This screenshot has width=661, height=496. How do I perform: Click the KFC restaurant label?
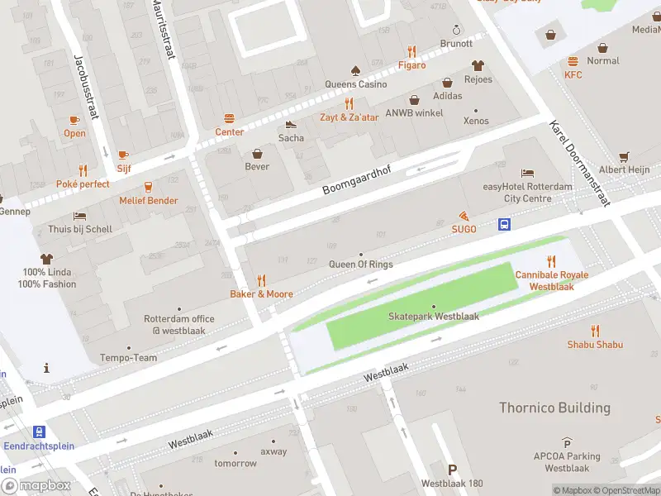tap(573, 75)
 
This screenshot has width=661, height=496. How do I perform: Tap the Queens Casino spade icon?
tap(355, 70)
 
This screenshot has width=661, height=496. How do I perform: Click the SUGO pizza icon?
tap(464, 215)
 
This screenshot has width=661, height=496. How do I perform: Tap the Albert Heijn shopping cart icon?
tap(624, 156)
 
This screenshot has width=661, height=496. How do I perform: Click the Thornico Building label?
tap(554, 408)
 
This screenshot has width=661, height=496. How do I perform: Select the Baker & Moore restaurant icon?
tap(261, 280)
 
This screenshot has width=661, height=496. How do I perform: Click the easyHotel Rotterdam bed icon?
tap(527, 173)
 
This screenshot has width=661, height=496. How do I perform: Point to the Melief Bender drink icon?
tap(149, 187)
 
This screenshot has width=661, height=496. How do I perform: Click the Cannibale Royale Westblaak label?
tap(552, 280)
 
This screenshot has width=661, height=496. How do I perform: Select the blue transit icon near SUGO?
tap(503, 224)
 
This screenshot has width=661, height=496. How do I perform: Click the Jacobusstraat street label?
tap(86, 87)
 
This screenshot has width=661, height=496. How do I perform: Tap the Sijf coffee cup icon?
tap(123, 155)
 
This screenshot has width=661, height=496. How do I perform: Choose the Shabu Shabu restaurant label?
tap(594, 345)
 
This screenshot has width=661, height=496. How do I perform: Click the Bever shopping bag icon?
tap(257, 153)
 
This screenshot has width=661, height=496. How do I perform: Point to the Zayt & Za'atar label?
tap(350, 117)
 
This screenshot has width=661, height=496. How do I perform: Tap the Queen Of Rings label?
tap(361, 265)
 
